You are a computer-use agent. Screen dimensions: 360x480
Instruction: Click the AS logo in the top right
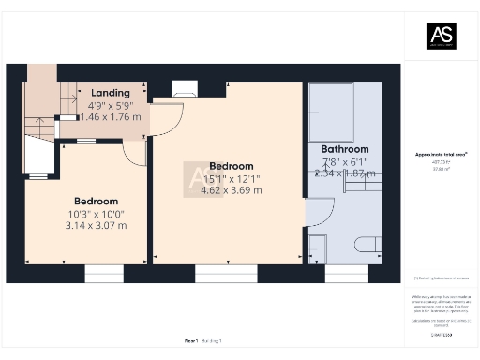point(441,37)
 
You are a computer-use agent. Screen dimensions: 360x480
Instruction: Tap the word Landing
point(110,93)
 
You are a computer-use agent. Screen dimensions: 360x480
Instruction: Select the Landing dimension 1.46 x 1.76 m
point(111,117)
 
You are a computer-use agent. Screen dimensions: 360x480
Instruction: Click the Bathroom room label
point(345,149)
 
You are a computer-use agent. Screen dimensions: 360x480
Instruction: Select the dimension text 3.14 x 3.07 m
point(96,225)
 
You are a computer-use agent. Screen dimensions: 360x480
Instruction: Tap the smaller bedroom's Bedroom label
point(96,201)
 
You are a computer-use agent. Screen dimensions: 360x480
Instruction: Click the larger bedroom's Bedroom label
point(232,166)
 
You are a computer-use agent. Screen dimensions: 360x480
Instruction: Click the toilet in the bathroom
point(368,246)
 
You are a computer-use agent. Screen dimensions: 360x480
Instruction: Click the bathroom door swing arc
point(318,215)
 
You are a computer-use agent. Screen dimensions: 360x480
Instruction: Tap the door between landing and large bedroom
point(167,117)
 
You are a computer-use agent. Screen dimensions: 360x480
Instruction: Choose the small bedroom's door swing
point(134,153)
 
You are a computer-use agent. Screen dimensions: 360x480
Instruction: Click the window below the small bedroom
point(103,273)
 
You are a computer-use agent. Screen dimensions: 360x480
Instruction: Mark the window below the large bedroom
point(226,273)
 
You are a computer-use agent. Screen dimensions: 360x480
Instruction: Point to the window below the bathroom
point(347,273)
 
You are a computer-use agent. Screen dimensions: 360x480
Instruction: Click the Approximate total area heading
point(440,154)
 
